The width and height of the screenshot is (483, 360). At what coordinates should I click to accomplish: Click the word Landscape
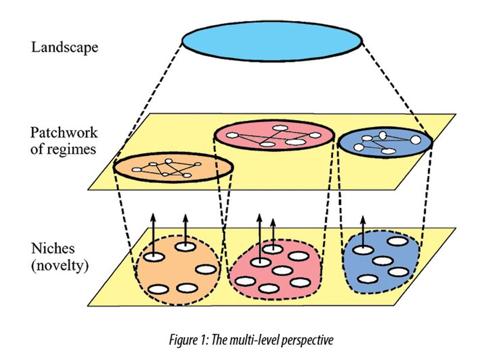point(65,48)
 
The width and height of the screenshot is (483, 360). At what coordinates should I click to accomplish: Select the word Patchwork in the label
point(64,133)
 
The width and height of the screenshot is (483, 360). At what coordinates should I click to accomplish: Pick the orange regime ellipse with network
point(173,168)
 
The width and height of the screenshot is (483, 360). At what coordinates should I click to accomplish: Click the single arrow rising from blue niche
point(364,232)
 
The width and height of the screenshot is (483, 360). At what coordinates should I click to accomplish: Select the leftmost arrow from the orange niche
point(153,234)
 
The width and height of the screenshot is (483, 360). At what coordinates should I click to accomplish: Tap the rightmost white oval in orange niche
point(206,269)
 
